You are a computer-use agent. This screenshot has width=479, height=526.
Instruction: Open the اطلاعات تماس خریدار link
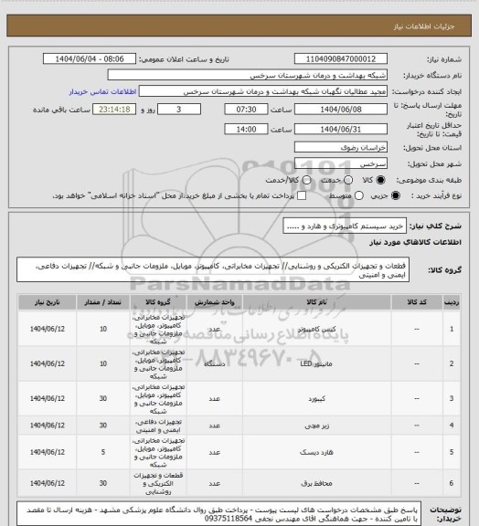pyautogui.click(x=101, y=92)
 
